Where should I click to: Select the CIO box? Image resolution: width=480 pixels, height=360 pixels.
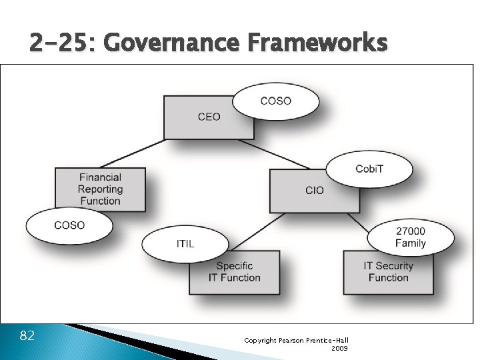pos(313,191)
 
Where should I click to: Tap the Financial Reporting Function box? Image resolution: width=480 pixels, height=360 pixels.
pos(99,189)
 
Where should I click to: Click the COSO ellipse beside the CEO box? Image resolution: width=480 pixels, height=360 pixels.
pos(275,101)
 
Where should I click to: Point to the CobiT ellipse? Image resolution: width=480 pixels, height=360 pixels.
pos(369,168)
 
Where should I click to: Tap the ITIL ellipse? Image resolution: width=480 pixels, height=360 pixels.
pos(185,243)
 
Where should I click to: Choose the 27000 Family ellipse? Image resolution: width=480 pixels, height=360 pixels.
pos(410,237)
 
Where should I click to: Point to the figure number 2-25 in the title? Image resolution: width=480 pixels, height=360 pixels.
pos(63,43)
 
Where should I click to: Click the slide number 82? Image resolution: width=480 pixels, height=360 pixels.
pos(27,335)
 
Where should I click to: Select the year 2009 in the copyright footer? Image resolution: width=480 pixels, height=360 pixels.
pos(339,348)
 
